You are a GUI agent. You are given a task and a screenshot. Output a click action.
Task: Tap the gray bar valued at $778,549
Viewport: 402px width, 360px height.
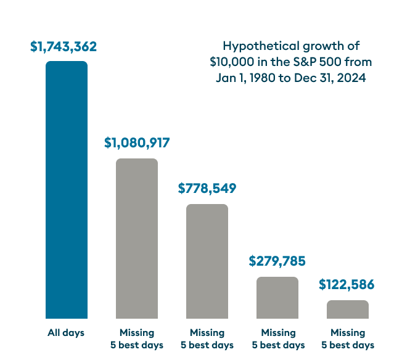tap(207, 261)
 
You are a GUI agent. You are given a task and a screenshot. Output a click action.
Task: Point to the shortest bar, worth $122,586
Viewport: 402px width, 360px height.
tap(347, 309)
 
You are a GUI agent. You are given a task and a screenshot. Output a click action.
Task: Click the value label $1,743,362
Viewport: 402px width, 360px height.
tap(64, 47)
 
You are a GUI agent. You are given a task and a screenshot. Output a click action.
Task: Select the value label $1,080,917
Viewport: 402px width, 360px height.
tap(136, 144)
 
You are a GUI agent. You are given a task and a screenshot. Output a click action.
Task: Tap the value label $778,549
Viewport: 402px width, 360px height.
tap(207, 189)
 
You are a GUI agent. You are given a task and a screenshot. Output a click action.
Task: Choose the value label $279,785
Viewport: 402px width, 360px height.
tap(277, 261)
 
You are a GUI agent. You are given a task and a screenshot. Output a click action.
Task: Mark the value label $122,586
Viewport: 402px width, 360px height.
tap(347, 285)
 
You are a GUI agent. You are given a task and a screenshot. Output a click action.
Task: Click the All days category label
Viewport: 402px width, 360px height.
tap(66, 333)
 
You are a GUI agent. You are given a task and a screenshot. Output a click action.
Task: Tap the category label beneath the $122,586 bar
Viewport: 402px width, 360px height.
tap(347, 339)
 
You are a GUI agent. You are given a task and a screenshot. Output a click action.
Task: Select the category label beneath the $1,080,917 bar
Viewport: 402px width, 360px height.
tap(136, 339)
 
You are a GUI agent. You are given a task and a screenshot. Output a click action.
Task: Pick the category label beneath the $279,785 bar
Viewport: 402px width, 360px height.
tap(277, 339)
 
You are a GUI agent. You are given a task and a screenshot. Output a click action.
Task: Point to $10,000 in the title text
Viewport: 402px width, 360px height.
tap(231, 63)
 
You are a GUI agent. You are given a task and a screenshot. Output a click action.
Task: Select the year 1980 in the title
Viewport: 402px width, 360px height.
tap(262, 79)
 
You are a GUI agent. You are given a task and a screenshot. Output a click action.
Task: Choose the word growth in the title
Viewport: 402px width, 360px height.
tap(327, 47)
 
